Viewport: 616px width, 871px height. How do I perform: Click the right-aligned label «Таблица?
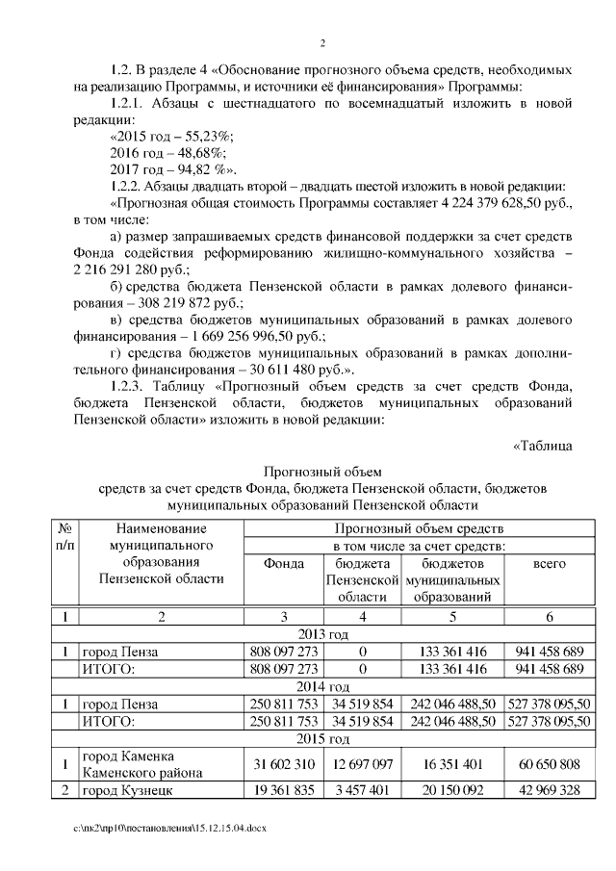pos(545,444)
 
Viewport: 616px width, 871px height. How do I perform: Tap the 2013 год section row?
pos(324,634)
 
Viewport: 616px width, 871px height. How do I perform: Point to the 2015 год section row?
pos(324,739)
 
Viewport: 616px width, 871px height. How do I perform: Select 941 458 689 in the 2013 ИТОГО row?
pos(548,669)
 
